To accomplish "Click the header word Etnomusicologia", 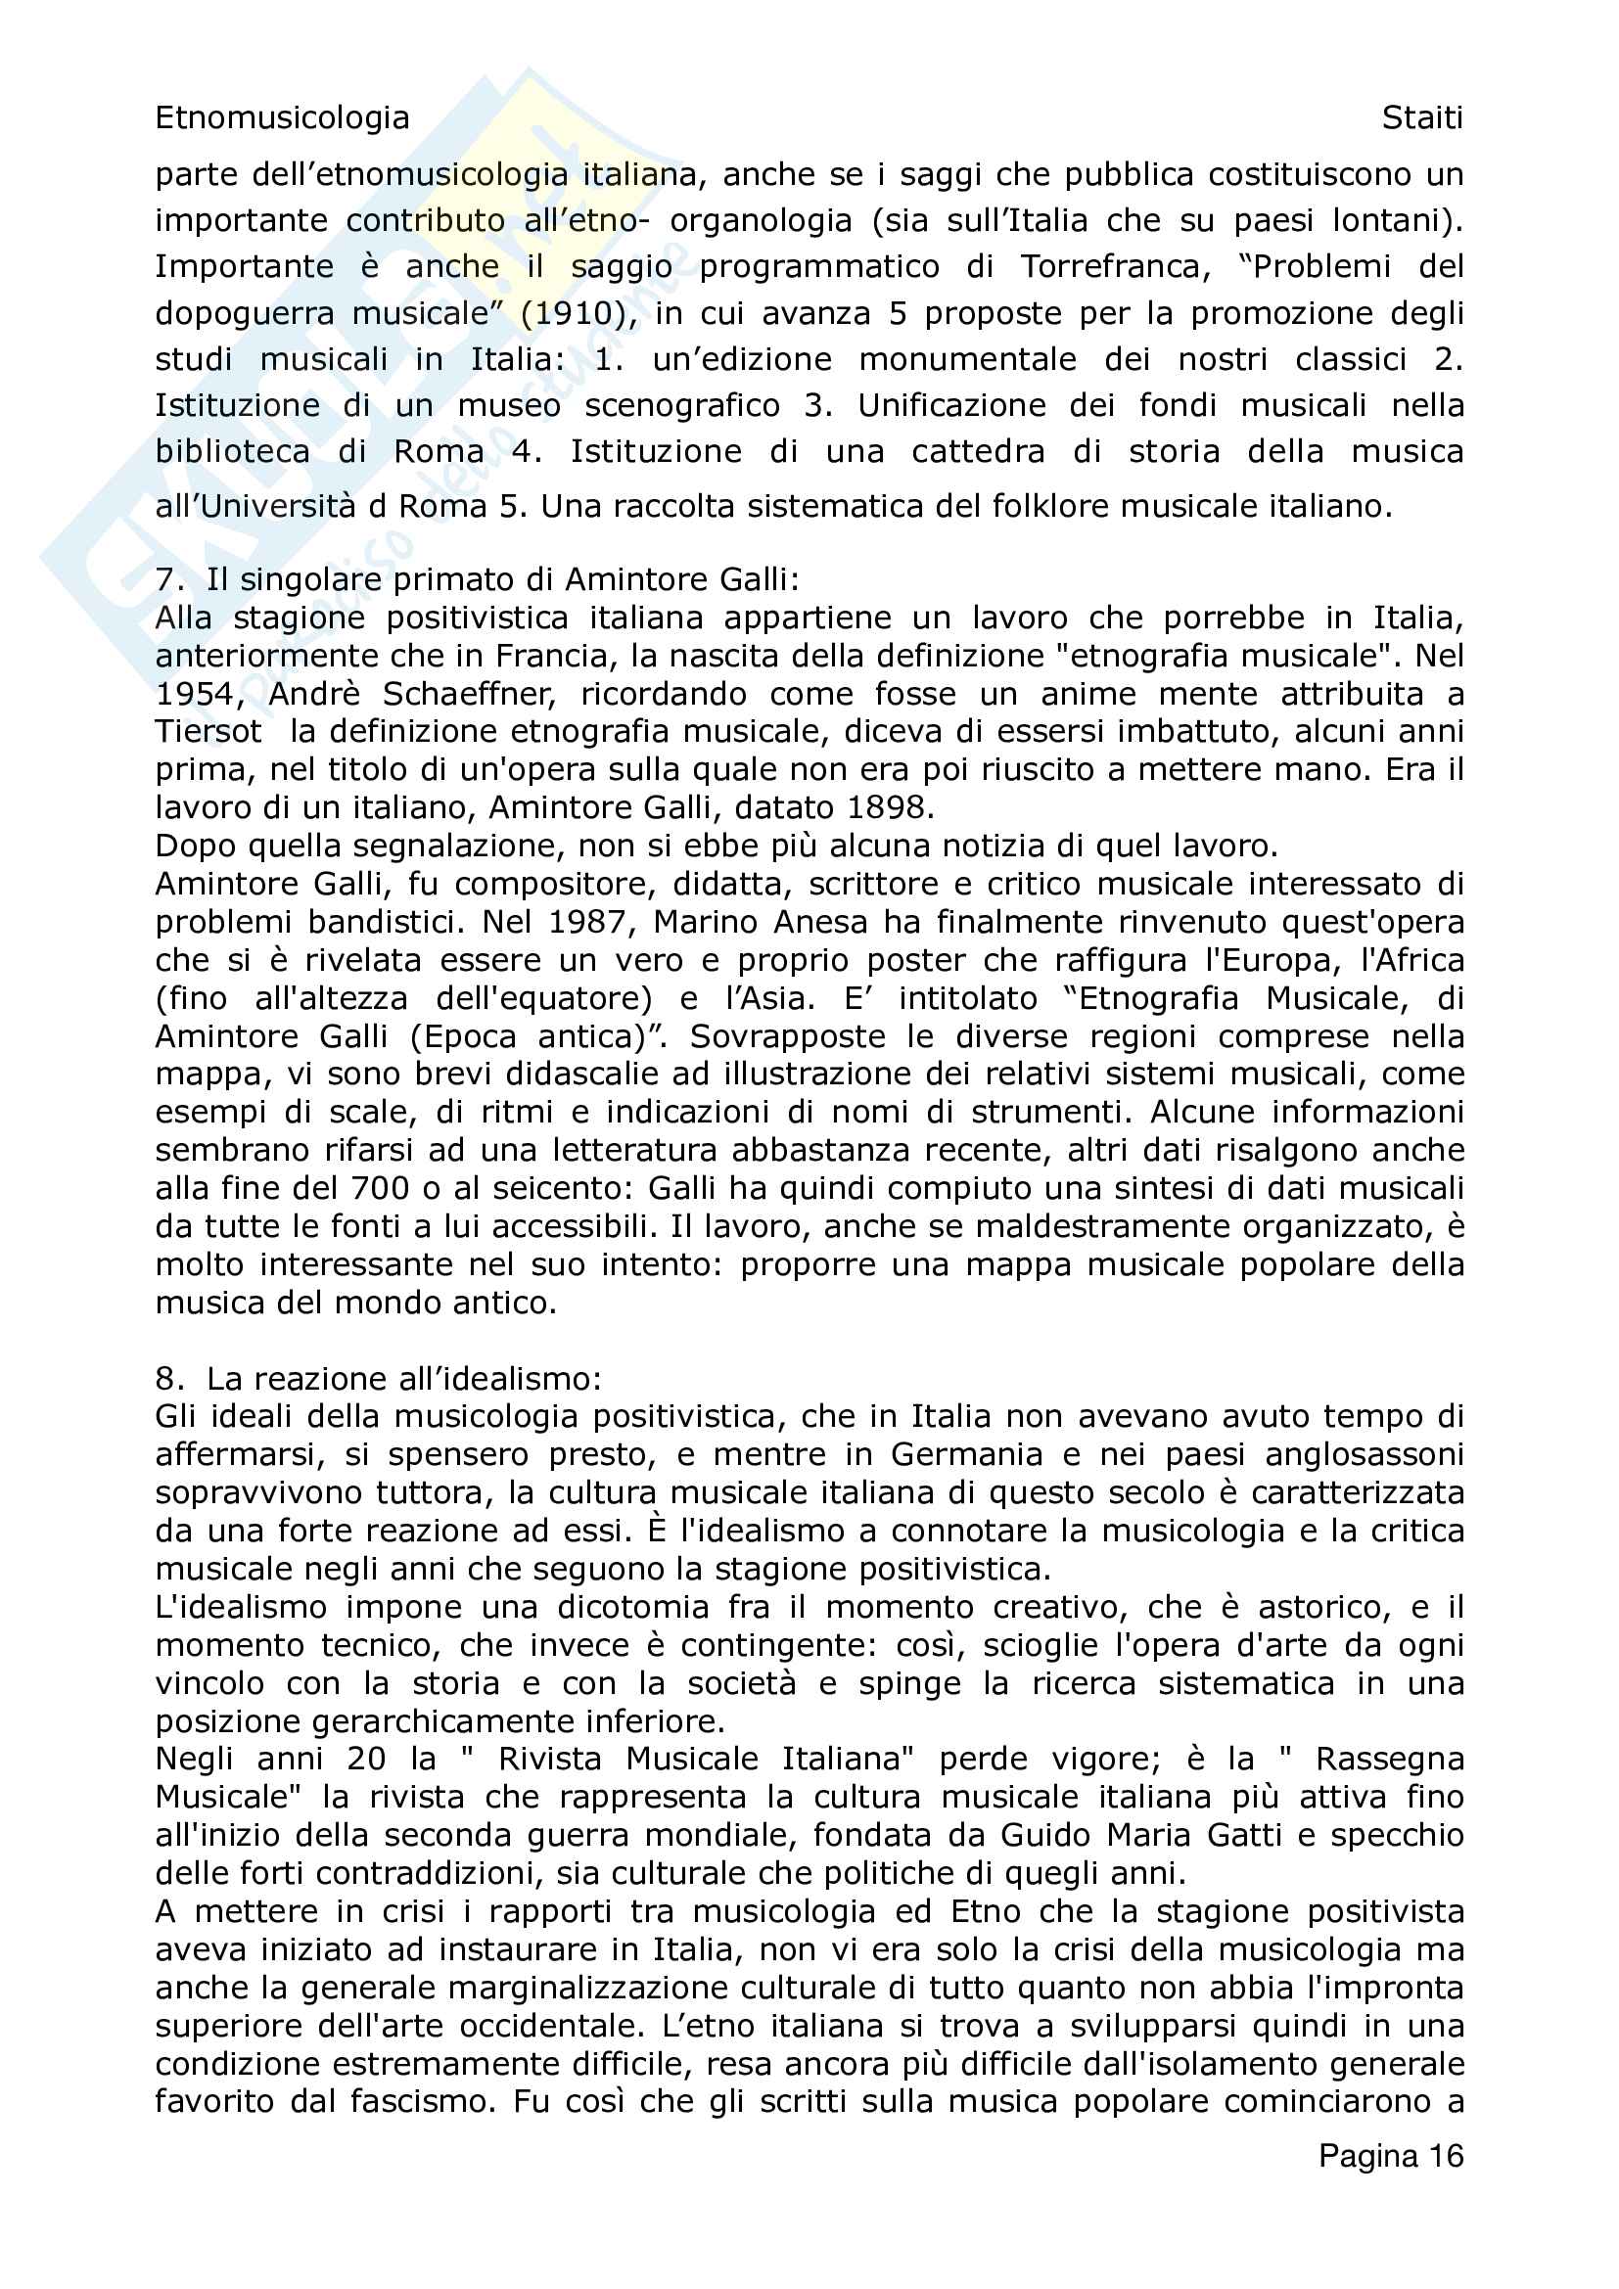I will [x=282, y=117].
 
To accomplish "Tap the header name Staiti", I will [x=1421, y=117].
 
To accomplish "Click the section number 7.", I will [x=168, y=579].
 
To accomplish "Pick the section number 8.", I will [x=168, y=1379].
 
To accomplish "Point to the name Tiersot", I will [x=208, y=732].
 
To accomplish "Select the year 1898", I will [x=890, y=806].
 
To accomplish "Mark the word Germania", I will [x=966, y=1454].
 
